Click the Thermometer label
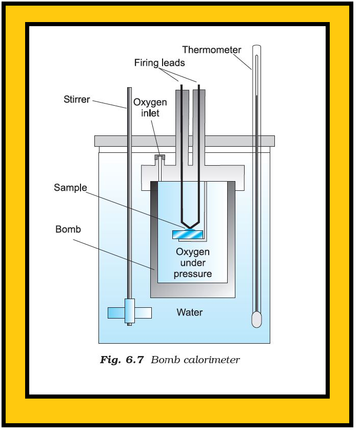[211, 50]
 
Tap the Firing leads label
[159, 63]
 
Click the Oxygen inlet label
[150, 107]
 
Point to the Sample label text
[70, 188]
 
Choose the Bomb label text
[68, 229]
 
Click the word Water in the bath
[189, 312]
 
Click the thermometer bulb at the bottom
[256, 319]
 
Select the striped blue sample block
[188, 234]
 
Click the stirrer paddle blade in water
[129, 312]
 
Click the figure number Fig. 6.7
[122, 360]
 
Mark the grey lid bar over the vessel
[184, 141]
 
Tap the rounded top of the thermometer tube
[256, 47]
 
